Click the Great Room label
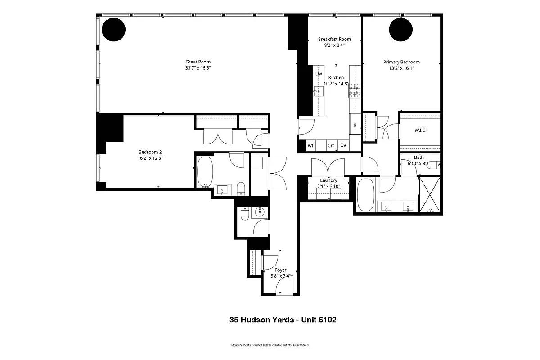(198, 62)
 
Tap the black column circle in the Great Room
(113, 29)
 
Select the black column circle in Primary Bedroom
(400, 29)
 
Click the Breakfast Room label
(334, 39)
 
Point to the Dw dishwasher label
(319, 73)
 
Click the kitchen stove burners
(354, 90)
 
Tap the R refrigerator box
(355, 125)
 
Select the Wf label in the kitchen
(310, 145)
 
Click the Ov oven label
(343, 145)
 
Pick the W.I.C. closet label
(420, 130)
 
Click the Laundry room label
(328, 180)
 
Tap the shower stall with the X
(431, 195)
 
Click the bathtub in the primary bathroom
(365, 195)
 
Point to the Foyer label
(281, 270)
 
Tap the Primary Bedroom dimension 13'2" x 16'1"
(401, 68)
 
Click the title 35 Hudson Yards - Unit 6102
(283, 320)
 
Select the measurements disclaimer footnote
(270, 345)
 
